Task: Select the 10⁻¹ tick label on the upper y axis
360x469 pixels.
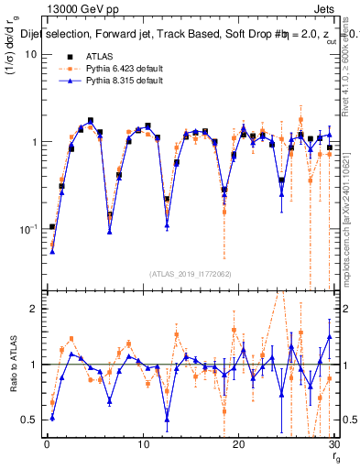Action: click(27, 229)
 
